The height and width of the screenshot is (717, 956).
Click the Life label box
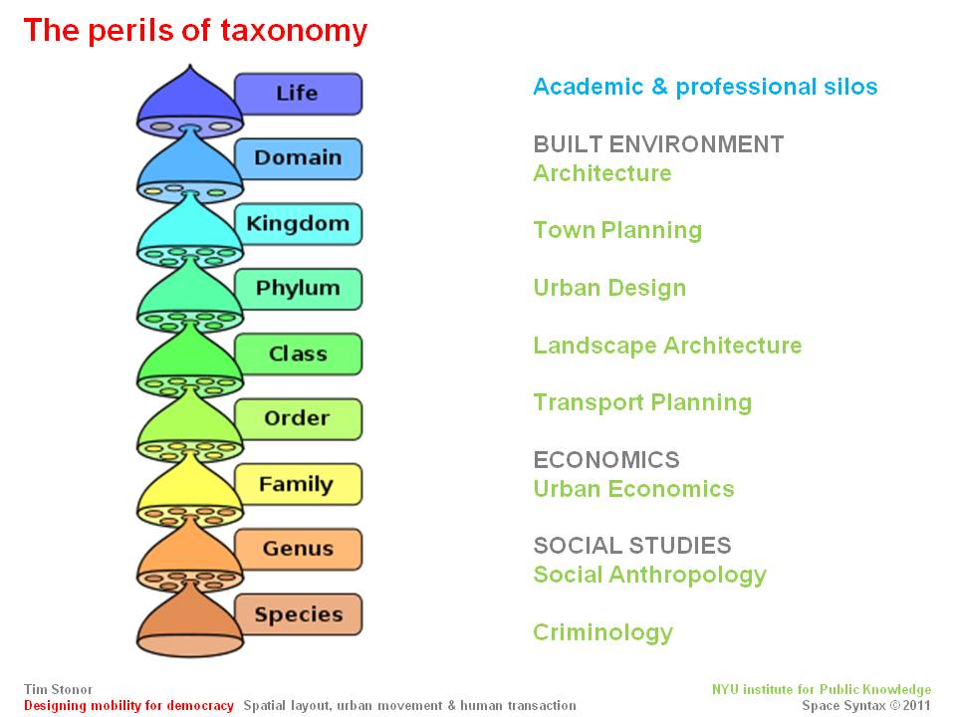tap(298, 94)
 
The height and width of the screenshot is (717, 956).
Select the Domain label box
tap(298, 158)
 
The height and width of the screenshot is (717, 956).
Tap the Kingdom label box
tap(298, 224)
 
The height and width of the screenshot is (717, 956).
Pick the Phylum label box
tap(298, 289)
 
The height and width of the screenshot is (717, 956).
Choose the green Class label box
tap(298, 354)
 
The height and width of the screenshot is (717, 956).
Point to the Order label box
tap(298, 419)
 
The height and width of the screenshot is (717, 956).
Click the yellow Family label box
tap(298, 484)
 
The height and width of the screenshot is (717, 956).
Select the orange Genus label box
tap(298, 549)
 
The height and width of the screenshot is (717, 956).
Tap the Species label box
tap(298, 614)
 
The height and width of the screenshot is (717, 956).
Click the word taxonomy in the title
tap(294, 32)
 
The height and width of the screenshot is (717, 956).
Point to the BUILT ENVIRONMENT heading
tap(658, 144)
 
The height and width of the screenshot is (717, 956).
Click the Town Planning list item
tap(617, 230)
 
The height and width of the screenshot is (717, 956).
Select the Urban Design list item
tap(609, 289)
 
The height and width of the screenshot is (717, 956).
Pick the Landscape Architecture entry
tap(667, 346)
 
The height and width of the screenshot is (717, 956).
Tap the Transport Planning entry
tap(642, 403)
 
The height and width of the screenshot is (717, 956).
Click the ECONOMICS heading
tap(606, 460)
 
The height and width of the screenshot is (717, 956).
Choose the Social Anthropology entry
tap(650, 575)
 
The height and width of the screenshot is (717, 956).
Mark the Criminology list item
tap(603, 633)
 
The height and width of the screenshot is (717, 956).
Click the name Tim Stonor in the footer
tap(58, 689)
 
